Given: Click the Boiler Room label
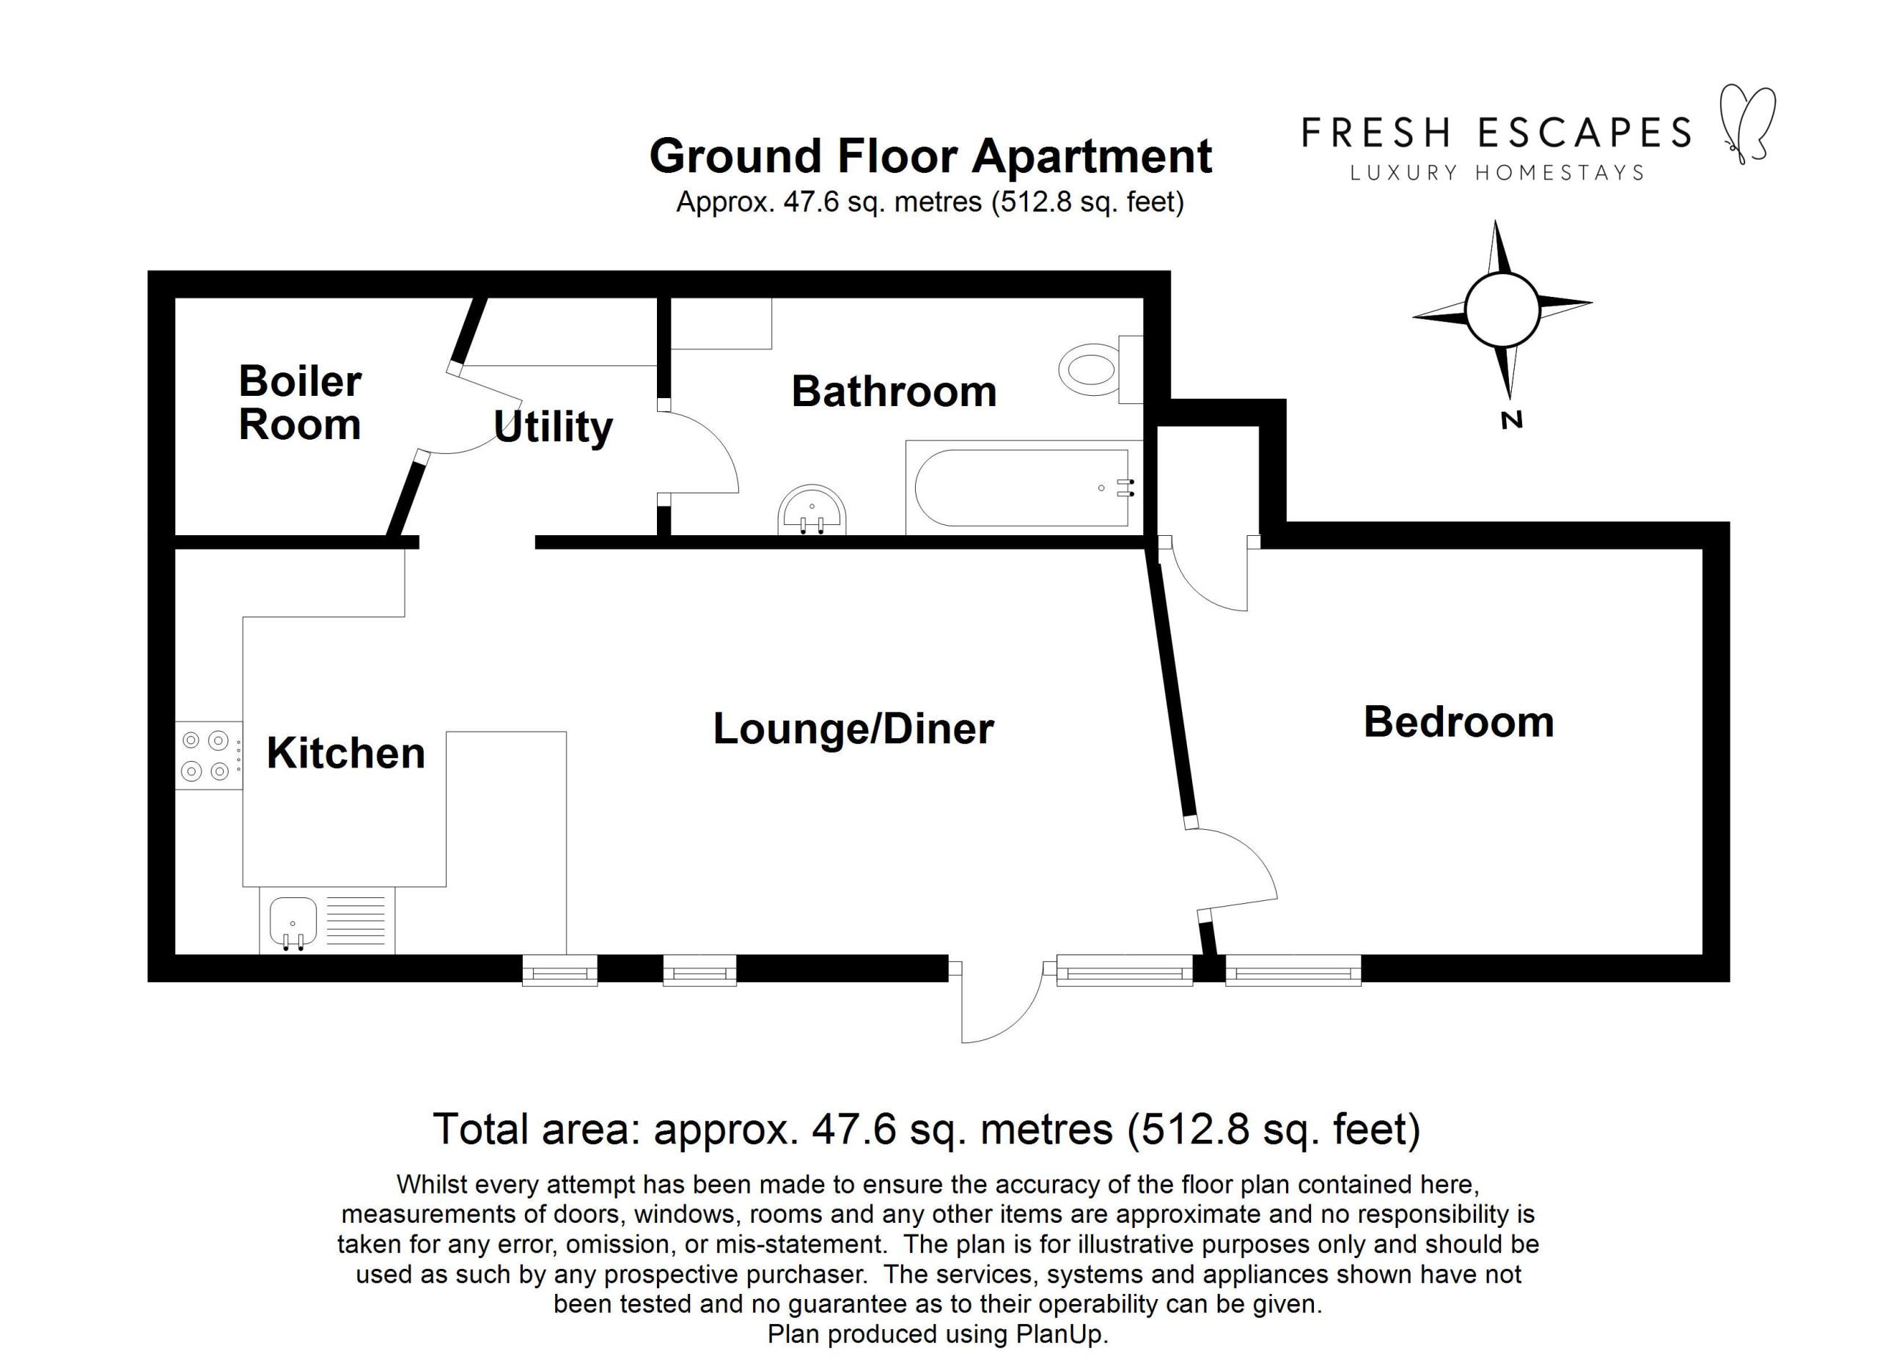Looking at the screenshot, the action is (x=300, y=403).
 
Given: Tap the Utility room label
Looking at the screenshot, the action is (x=553, y=427).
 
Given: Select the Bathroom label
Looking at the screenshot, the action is (x=894, y=391).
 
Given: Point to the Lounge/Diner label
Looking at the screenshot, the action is (x=853, y=729).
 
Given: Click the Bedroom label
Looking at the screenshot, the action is (x=1458, y=721).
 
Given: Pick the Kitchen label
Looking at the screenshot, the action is (x=345, y=753).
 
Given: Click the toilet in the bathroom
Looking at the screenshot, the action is (x=1101, y=369).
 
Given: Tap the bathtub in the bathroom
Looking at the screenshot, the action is (x=1023, y=488).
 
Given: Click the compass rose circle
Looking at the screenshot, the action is (x=1502, y=309).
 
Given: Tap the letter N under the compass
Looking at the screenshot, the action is (x=1511, y=420).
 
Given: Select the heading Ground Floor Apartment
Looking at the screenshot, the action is (x=930, y=155).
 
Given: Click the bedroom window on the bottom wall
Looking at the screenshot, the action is (x=1293, y=970).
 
